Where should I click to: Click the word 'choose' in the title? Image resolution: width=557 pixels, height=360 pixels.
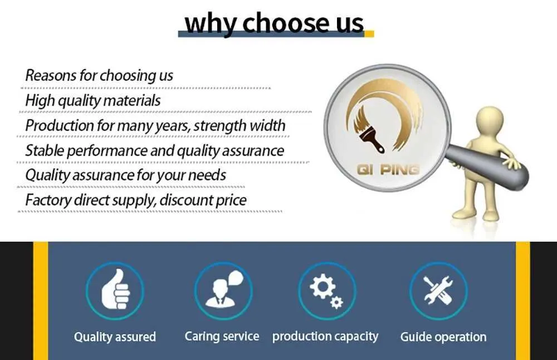coord(286,22)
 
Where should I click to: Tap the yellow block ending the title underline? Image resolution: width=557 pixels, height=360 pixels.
coord(369,34)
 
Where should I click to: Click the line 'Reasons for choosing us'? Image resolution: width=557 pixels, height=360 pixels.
coord(99,76)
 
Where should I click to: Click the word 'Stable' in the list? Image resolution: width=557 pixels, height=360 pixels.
coord(45,150)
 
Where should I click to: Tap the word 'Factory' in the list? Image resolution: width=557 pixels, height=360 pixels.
coord(48,200)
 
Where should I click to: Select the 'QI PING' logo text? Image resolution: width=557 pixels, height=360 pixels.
coord(388,170)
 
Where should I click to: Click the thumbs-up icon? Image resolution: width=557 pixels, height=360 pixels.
coord(115,289)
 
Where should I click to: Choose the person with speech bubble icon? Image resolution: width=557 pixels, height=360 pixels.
coord(224,289)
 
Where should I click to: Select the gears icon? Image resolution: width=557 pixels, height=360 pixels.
coord(326,291)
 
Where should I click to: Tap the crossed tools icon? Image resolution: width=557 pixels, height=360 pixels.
coord(438,290)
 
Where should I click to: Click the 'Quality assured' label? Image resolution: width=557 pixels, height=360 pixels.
coord(115,337)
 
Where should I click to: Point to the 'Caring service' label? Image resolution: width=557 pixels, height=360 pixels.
coord(222,336)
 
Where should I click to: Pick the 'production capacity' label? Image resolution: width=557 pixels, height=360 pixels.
coord(325,337)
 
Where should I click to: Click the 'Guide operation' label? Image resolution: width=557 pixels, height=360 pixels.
coord(443,337)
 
